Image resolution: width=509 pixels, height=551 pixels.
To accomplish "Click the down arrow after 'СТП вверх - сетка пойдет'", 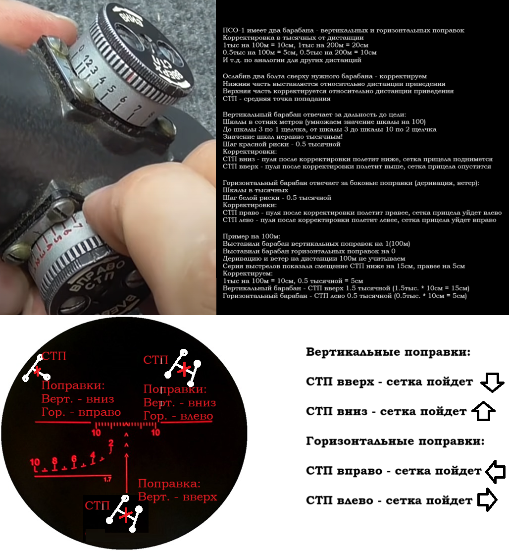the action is coord(492,382).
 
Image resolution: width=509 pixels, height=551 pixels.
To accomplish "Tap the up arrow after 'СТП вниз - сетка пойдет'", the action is coord(483,411).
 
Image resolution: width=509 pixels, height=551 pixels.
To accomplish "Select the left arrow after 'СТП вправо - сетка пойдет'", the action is coord(495,471).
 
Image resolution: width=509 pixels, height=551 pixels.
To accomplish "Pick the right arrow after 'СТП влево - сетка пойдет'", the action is coord(487,499).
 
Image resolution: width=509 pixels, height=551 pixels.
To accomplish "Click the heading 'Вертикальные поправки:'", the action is coord(388,352).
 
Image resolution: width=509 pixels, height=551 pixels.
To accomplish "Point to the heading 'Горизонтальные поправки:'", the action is coord(395,441).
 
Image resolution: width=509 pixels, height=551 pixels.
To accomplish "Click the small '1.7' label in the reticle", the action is coord(107,479).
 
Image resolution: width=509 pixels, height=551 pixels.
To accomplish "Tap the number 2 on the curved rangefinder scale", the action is coord(111,443).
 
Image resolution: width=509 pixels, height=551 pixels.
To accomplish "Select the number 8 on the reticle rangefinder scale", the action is coord(54,461).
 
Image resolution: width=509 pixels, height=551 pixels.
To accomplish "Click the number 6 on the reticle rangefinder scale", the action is coord(74,458).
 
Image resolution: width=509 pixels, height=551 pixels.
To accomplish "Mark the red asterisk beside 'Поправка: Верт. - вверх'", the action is coord(126,515).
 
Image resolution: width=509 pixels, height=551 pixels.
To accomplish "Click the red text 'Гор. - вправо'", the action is coord(81,412).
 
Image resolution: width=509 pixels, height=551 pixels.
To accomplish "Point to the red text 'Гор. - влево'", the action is coord(178,416).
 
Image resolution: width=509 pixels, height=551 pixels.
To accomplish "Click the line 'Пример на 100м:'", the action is coord(252,236).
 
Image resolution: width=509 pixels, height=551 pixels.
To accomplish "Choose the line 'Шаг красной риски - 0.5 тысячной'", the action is coord(282,144).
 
